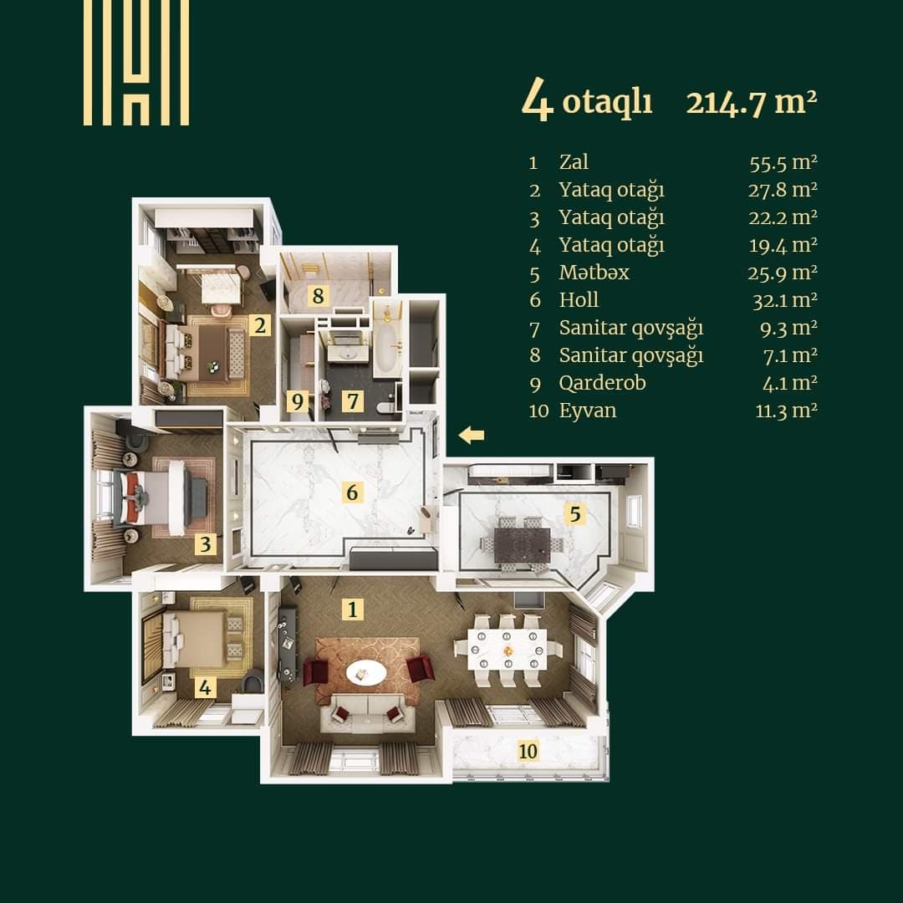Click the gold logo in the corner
tap(136, 63)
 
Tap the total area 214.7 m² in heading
tap(750, 103)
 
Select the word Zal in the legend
tap(574, 161)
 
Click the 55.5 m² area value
tap(783, 162)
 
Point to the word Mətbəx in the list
tap(594, 273)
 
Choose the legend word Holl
tap(579, 300)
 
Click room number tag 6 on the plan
tap(352, 492)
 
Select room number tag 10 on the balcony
tap(528, 751)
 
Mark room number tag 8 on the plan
tap(318, 295)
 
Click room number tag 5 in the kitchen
tap(574, 513)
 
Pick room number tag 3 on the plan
tap(206, 545)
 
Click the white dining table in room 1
tap(508, 645)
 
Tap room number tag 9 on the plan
tap(296, 401)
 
